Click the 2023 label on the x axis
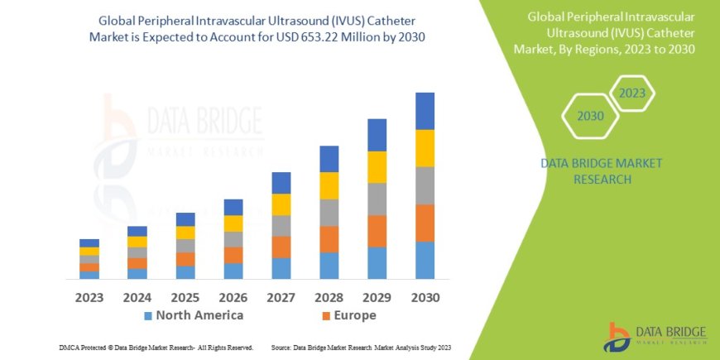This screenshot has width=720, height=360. coord(89,296)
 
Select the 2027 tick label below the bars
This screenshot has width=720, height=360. coord(281,296)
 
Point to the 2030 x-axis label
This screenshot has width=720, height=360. coord(425,296)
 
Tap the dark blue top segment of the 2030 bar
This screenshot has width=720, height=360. coord(425,111)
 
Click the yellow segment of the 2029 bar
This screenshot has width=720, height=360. coord(377,167)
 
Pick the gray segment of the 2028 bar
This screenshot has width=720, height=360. coord(329,213)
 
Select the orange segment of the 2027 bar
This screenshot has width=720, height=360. coord(281,247)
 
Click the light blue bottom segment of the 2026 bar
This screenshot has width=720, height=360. coord(233,271)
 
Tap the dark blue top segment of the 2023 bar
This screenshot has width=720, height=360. coord(89,242)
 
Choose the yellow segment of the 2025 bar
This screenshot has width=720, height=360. coord(185,233)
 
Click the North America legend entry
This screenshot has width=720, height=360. coord(199,315)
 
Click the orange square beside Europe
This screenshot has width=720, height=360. coord(326,316)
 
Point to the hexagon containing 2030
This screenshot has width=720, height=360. coord(590,116)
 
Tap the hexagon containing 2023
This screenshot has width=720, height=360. coord(631,94)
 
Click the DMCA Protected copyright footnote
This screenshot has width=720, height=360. coord(156,347)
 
